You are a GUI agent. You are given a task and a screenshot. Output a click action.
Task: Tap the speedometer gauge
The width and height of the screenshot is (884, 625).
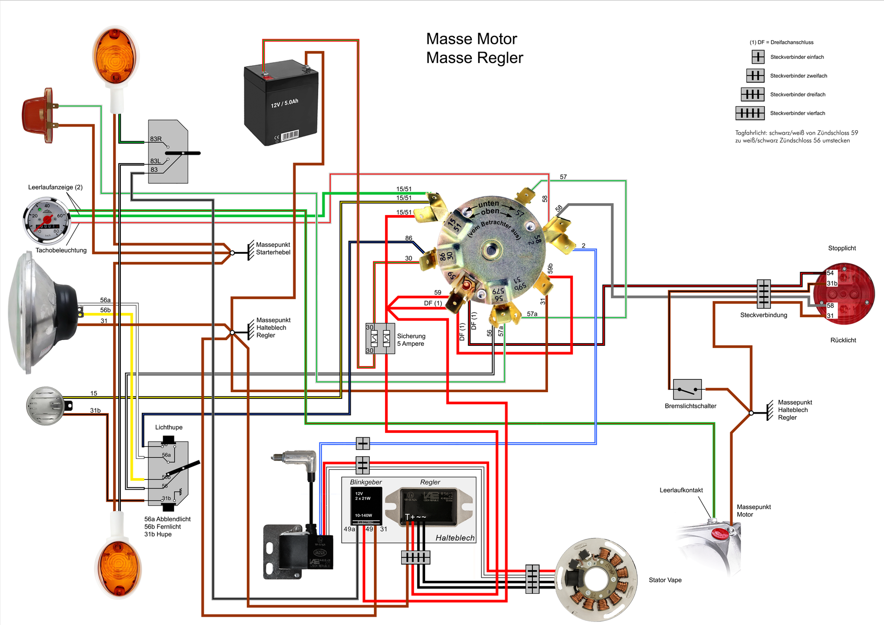click(47, 221)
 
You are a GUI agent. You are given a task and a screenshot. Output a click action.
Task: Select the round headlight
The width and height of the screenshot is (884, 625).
click(42, 312)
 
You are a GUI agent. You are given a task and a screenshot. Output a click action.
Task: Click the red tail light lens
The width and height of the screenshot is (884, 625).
click(844, 294)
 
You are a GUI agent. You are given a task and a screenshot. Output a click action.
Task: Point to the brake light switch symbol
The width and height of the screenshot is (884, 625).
click(687, 389)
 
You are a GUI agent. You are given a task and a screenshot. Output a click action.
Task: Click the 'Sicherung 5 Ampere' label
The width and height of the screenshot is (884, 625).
click(411, 340)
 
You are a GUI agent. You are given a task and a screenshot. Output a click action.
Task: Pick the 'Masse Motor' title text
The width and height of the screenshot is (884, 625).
click(471, 39)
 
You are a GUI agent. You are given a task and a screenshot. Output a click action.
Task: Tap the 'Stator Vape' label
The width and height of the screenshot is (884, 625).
click(665, 580)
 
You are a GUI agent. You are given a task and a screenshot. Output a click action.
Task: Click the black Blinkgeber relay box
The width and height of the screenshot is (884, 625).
click(366, 506)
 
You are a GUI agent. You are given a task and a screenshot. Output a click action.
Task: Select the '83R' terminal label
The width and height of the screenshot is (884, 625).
click(156, 139)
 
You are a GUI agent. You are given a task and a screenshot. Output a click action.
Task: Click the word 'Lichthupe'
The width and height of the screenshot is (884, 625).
click(169, 428)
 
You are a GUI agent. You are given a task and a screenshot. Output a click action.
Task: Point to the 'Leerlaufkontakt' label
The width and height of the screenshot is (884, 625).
click(681, 490)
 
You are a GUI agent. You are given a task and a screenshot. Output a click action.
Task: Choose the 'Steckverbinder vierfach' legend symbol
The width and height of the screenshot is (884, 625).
click(750, 113)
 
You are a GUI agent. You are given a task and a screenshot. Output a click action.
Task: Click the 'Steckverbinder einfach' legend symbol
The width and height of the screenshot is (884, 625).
click(758, 57)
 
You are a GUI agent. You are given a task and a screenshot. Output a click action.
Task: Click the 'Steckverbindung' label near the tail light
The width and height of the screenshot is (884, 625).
click(763, 315)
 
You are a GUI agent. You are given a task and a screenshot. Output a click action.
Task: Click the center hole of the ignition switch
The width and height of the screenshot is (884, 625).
click(490, 251)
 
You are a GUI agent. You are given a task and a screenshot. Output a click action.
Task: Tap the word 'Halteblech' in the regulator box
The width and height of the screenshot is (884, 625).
click(455, 538)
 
